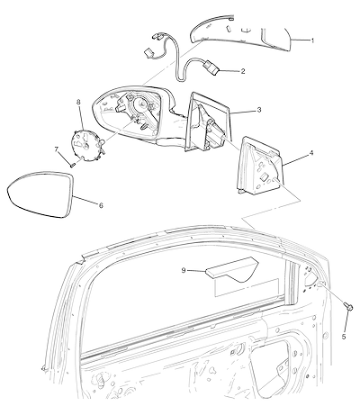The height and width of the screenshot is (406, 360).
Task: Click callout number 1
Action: (x=312, y=41)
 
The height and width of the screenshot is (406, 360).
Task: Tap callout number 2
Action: (x=243, y=71)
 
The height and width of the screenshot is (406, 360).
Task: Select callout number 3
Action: (x=259, y=110)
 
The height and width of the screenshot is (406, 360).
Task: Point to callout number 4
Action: (x=311, y=153)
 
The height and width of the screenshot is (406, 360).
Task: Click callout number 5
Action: (x=344, y=337)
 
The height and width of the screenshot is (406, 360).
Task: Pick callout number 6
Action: (x=101, y=205)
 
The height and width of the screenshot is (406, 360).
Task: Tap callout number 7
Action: (x=56, y=149)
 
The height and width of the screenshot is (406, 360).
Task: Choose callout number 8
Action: (x=78, y=103)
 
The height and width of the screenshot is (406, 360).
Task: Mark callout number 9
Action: (x=184, y=270)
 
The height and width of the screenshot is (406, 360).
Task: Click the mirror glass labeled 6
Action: (x=40, y=194)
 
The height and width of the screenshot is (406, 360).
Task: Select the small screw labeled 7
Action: (x=72, y=165)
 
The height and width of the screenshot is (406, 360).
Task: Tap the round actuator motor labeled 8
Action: (x=86, y=145)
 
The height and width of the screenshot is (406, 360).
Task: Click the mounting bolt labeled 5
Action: (x=348, y=307)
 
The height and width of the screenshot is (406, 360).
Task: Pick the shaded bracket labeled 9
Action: (x=231, y=269)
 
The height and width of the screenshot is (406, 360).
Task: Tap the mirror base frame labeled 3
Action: (x=207, y=122)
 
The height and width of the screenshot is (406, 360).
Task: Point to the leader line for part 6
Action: (x=85, y=200)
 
